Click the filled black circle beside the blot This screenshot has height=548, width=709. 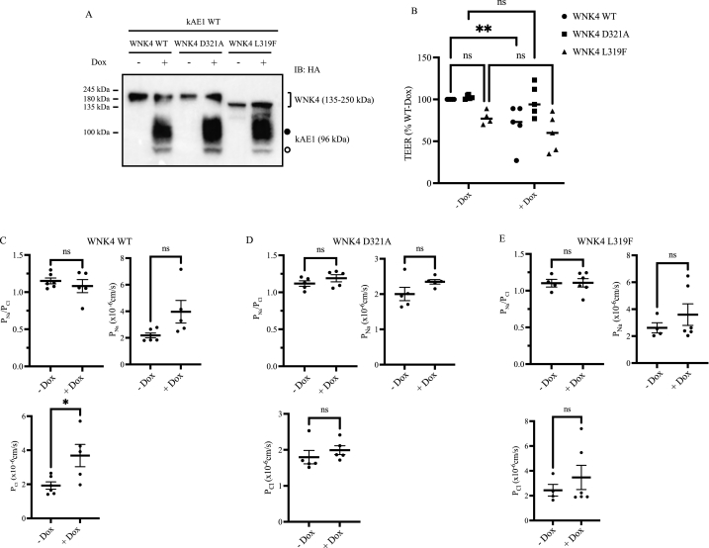[287, 132]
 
